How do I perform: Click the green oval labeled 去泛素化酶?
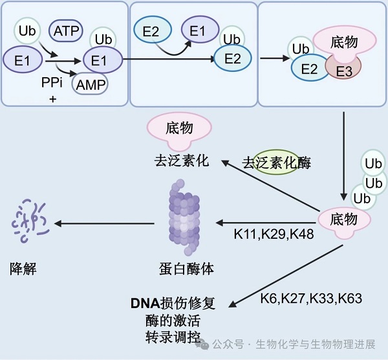click(277, 162)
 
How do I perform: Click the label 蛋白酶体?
click(186, 268)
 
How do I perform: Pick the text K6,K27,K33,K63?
click(311, 298)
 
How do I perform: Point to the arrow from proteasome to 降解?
click(103, 224)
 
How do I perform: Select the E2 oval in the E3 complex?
click(309, 68)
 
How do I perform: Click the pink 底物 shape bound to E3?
click(343, 43)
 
